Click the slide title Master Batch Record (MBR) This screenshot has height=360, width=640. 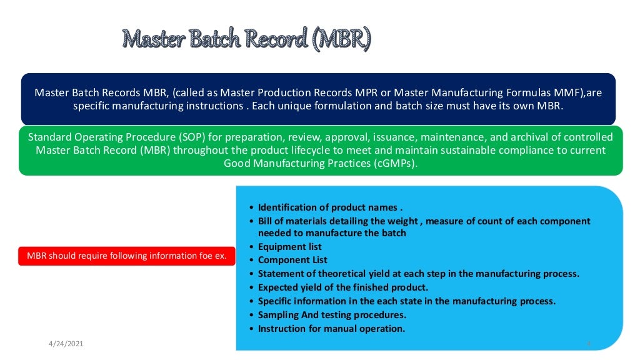tap(247, 39)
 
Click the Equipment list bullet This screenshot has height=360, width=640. tap(290, 247)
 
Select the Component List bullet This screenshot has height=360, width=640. tap(292, 260)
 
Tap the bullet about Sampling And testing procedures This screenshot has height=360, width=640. tap(332, 315)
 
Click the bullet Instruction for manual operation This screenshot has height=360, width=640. tap(331, 329)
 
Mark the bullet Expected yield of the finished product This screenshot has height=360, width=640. tap(343, 287)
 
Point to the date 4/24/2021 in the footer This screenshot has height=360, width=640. tap(66, 344)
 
